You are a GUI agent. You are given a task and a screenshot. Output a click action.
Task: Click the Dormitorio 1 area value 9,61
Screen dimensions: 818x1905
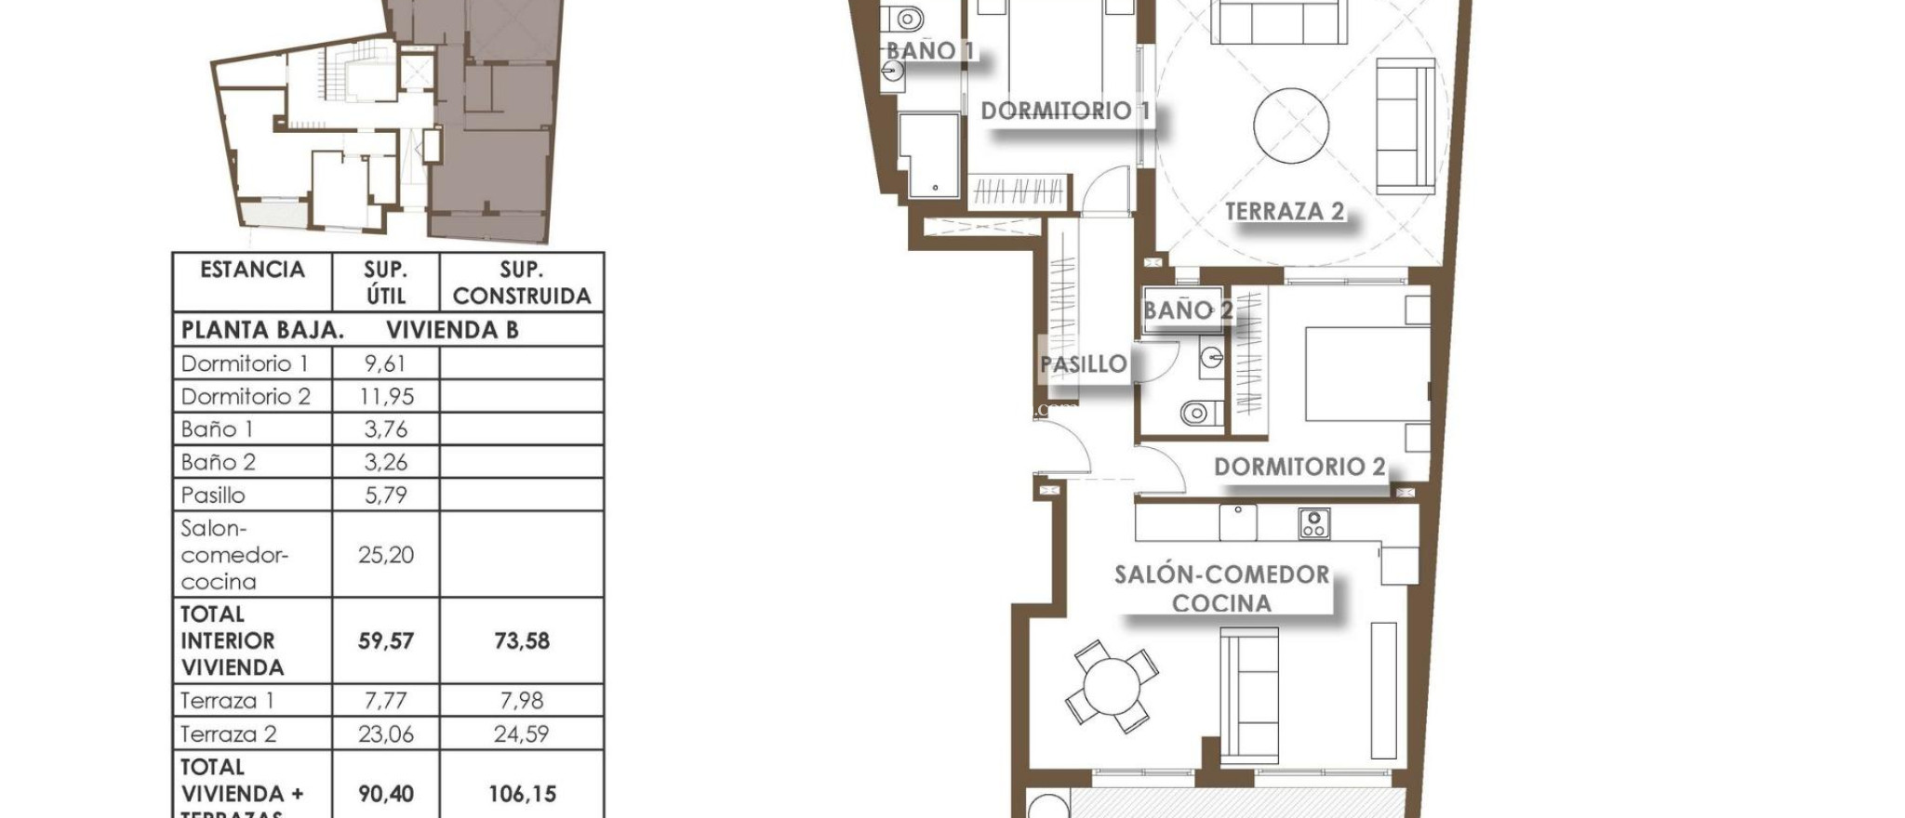coord(385,363)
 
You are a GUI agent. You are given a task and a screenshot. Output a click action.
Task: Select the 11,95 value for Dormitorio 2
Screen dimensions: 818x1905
coord(386,397)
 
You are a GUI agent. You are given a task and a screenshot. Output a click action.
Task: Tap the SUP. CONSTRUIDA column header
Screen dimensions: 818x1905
coord(521,283)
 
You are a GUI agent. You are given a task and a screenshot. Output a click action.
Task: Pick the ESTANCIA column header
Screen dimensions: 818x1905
coord(252,270)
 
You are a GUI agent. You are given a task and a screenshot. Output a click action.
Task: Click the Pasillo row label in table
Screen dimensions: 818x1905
coord(213,495)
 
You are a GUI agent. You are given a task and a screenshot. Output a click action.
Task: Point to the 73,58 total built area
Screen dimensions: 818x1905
coord(521,640)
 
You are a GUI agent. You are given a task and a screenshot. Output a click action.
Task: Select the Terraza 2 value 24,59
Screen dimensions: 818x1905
coord(521,734)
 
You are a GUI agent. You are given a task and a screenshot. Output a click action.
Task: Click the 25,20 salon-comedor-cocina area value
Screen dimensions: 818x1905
coord(386,555)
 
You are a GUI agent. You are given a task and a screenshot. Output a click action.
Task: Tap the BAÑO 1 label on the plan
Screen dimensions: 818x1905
coord(929,50)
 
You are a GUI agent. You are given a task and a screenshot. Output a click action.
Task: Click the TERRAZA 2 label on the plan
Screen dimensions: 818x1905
coord(1284,212)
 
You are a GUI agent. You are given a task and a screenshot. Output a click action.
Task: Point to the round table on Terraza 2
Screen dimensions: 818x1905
coord(1290,125)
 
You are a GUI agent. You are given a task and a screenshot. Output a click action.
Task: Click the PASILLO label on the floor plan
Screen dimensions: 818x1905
coord(1083,364)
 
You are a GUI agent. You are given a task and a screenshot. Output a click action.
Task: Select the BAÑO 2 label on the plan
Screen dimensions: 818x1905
coord(1187,310)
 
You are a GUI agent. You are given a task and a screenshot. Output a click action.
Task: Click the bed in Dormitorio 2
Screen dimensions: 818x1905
coord(1365,373)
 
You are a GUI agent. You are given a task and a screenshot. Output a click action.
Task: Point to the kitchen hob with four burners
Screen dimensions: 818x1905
coord(1313,524)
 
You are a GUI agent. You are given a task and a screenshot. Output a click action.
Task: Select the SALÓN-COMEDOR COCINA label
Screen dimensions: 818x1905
coord(1221,588)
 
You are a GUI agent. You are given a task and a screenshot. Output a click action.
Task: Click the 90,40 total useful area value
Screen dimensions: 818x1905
coord(386,794)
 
